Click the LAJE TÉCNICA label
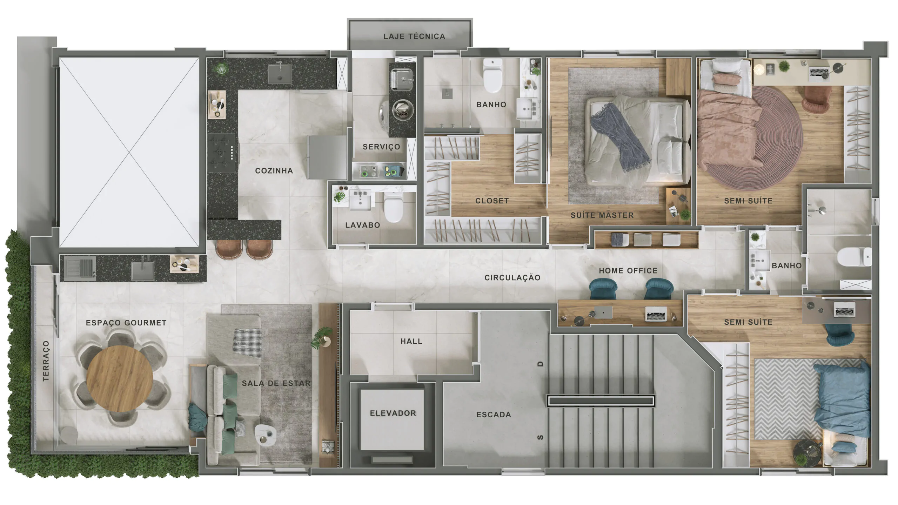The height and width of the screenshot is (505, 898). [x=414, y=36]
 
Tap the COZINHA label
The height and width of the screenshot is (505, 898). [x=274, y=171]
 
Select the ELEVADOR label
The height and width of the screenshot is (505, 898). [x=393, y=413]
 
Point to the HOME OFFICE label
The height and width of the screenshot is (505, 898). [x=628, y=271]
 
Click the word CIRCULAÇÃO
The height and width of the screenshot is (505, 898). [x=512, y=278]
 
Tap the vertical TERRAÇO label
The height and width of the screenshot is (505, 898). [x=46, y=361]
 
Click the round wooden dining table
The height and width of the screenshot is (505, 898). [x=120, y=379]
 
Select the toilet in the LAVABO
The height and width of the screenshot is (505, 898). [x=393, y=207]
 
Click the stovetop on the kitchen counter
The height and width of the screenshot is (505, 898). [x=221, y=153]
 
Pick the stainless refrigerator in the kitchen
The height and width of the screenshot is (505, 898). [x=327, y=157]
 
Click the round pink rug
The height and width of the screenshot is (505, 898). [x=758, y=139]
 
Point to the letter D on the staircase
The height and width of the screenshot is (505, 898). [x=541, y=364]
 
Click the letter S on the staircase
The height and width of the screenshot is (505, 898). [x=541, y=437]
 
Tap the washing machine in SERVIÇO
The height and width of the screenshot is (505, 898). [x=402, y=111]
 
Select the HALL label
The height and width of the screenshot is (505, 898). [x=411, y=341]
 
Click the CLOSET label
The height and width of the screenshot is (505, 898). [x=492, y=201]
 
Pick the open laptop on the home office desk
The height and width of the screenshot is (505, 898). [x=656, y=315]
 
